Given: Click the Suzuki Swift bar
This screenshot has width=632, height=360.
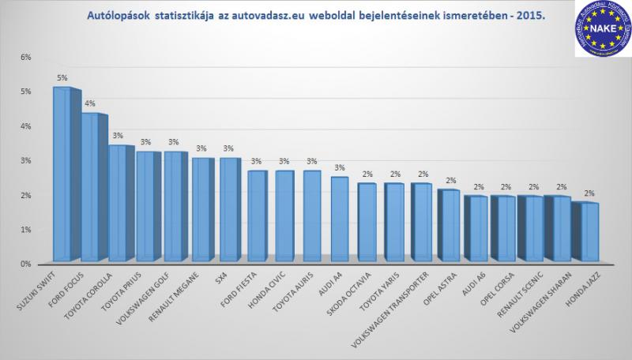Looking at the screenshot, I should (x=61, y=174).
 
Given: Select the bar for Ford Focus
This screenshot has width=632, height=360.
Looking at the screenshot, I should (x=89, y=187).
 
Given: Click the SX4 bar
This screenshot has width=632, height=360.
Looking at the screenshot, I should (x=228, y=209).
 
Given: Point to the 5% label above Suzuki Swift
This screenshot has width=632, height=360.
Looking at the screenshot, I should (x=62, y=77).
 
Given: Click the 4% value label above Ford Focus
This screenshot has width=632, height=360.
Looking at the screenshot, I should (x=90, y=103).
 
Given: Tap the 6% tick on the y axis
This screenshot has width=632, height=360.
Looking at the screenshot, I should (x=24, y=58).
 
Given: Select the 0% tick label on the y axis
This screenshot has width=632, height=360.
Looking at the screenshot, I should (x=24, y=264).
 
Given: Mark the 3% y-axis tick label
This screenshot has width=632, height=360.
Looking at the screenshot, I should (x=24, y=161).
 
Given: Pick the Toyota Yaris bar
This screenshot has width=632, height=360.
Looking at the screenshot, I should (x=395, y=222).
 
